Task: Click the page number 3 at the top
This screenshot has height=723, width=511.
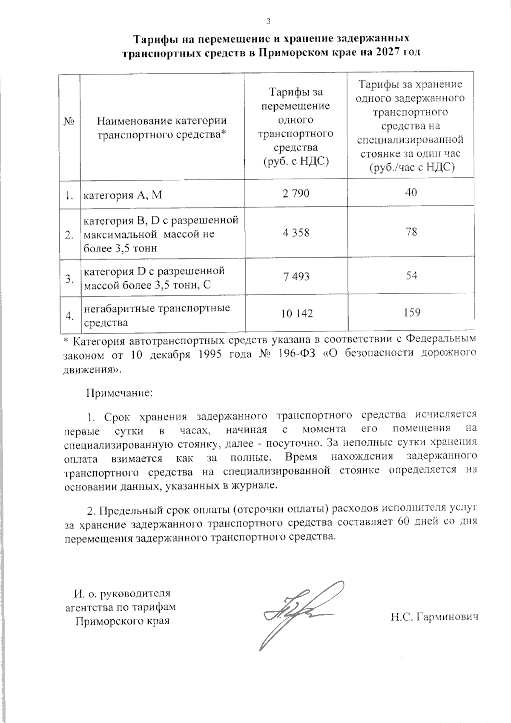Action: [268, 22]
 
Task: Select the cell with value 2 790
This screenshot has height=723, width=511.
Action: [296, 193]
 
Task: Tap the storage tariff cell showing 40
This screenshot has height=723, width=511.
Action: [411, 193]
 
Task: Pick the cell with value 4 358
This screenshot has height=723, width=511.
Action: [296, 233]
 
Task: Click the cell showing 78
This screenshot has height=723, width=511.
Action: [411, 232]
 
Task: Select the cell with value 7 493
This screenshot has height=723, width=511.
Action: [296, 277]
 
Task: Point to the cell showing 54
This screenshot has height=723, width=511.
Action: [411, 276]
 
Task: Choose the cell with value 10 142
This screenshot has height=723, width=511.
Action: [297, 314]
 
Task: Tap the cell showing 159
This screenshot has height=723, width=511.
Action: [411, 313]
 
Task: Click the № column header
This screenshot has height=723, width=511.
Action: [69, 122]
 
